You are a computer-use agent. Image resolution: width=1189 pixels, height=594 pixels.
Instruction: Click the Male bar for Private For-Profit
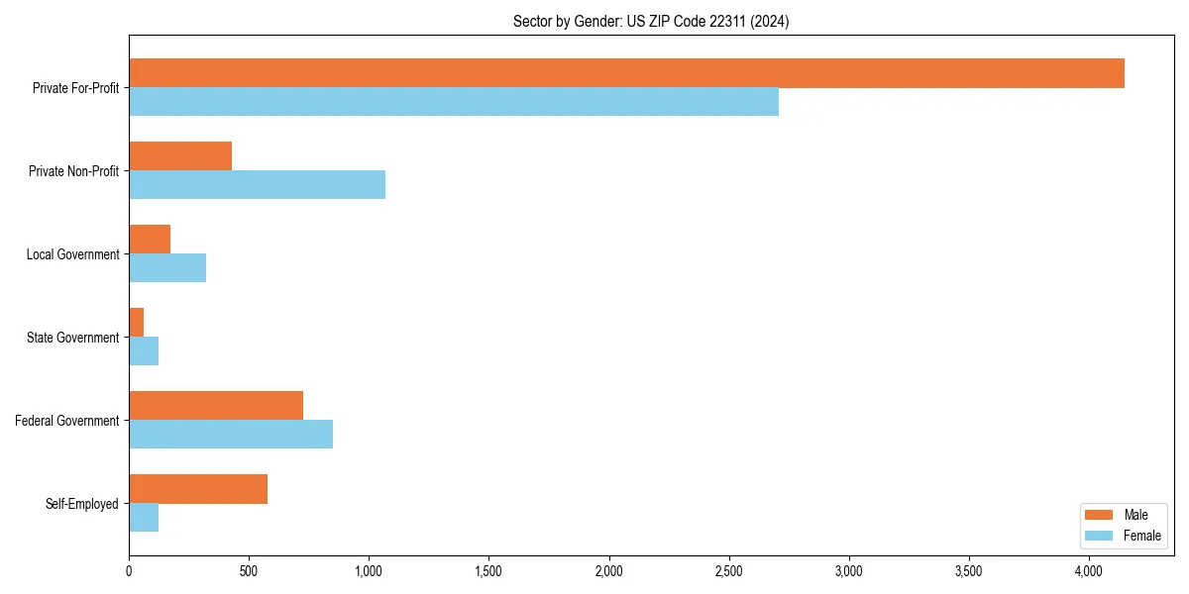[x=626, y=73]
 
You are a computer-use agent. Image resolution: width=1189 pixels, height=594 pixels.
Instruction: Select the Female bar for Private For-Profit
[x=454, y=102]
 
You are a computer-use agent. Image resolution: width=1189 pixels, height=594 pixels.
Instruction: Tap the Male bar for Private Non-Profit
[x=180, y=156]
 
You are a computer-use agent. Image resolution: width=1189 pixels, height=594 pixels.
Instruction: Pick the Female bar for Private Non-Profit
[x=257, y=185]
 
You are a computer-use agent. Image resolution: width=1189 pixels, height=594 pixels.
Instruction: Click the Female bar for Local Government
[x=167, y=268]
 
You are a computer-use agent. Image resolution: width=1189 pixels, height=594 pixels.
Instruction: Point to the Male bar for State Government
[x=137, y=323]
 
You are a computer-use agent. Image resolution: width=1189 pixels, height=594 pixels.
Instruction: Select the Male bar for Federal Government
[x=216, y=406]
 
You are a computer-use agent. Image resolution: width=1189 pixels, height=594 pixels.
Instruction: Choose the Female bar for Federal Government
[x=231, y=435]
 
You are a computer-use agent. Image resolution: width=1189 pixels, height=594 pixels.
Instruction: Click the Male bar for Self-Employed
[x=198, y=489]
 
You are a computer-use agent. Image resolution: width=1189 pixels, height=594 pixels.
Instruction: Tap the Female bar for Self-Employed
[x=144, y=518]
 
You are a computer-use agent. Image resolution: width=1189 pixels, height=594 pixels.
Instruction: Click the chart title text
[x=651, y=21]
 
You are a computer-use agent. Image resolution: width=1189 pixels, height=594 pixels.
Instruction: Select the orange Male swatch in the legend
[x=1100, y=515]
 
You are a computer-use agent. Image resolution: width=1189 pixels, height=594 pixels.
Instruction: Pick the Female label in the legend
[x=1141, y=536]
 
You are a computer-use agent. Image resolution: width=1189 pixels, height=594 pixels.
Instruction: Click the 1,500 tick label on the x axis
[x=488, y=571]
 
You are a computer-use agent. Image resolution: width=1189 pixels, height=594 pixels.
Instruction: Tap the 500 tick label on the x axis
[x=249, y=571]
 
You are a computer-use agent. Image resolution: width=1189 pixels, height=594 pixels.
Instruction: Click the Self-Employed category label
[x=82, y=504]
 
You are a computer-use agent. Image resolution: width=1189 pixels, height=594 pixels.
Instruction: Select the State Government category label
[x=73, y=338]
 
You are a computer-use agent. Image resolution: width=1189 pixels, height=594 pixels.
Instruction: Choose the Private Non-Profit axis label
[x=73, y=171]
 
